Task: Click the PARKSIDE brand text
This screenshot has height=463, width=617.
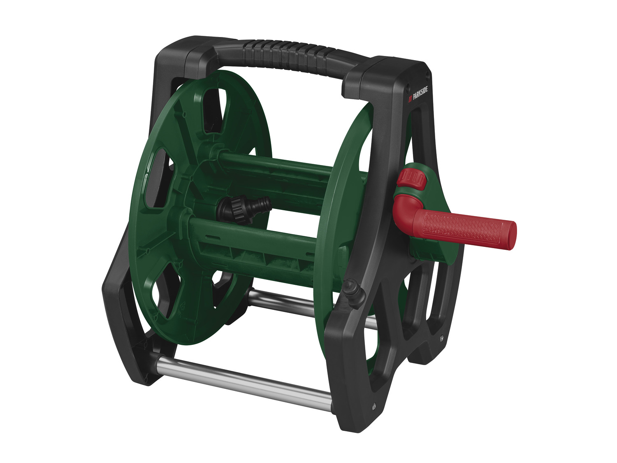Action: click(x=420, y=94)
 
